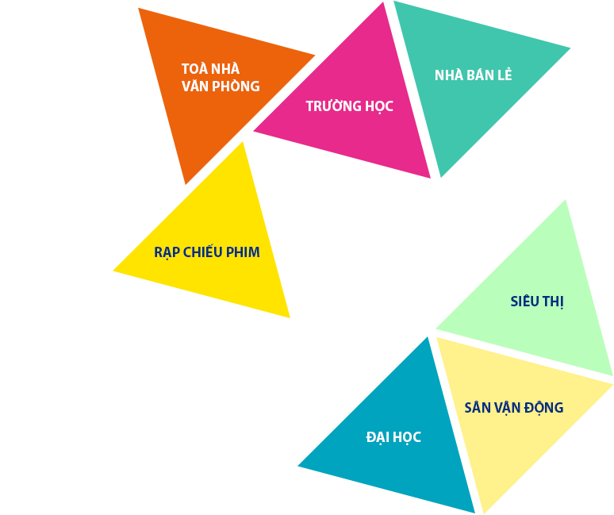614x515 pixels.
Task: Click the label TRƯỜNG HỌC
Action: tap(349, 106)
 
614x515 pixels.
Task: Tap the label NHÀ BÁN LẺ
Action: tap(473, 75)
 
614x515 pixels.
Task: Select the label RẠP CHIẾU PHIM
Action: tap(207, 252)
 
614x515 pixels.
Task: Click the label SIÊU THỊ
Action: tap(537, 302)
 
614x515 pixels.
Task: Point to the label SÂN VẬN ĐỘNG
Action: tap(514, 408)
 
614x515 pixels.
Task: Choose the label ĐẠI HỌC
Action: tap(393, 437)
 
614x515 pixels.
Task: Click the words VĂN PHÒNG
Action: tap(221, 86)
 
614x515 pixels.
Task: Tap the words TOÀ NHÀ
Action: tap(210, 68)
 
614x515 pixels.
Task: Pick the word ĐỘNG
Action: tap(544, 408)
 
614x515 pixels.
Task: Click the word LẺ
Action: tap(505, 75)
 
